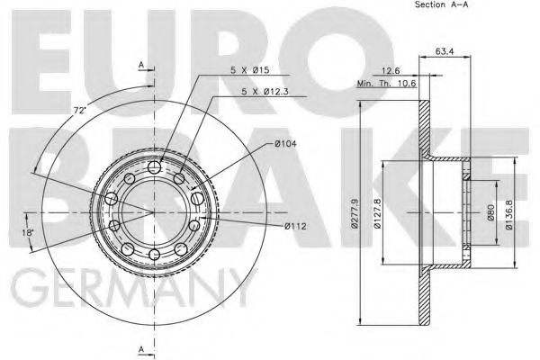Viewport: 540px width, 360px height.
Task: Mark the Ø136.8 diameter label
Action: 509,213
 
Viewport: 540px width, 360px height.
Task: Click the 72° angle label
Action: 79,110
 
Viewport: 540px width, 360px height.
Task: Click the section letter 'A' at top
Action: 141,66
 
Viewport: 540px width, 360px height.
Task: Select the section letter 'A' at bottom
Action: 141,347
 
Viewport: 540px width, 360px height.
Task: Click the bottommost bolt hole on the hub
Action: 155,256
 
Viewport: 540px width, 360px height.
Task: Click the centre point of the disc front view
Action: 155,212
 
